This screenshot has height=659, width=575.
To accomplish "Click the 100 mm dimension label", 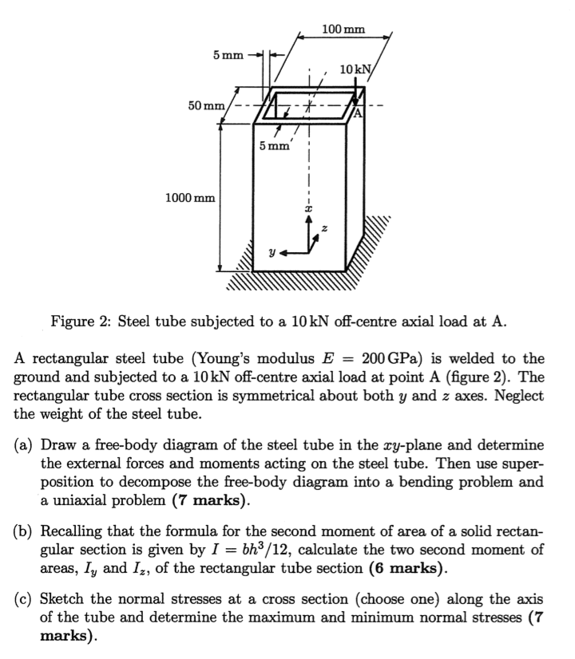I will tap(343, 30).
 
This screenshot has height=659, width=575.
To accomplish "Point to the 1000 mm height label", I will tap(188, 196).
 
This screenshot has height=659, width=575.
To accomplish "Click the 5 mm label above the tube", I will tap(228, 55).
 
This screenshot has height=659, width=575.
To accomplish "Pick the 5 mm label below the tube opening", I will tap(275, 146).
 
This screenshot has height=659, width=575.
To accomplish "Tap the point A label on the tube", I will tap(358, 112).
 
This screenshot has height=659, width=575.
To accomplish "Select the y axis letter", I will tap(273, 251).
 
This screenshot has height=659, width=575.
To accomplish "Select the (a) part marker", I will tap(25, 444).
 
